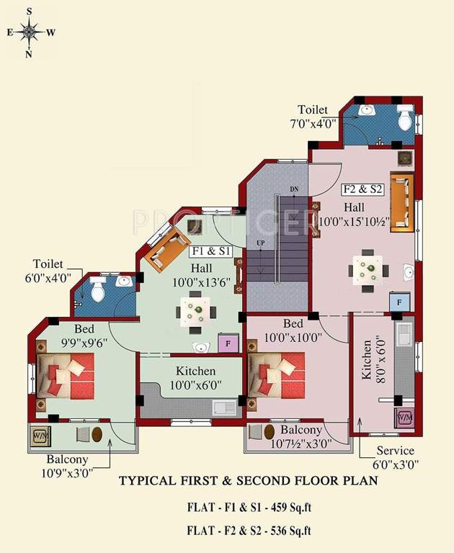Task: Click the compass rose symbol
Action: click(30, 32)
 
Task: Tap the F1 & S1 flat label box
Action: click(211, 252)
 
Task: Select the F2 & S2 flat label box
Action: click(362, 190)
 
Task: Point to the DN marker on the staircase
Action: click(293, 189)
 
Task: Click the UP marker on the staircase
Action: click(260, 243)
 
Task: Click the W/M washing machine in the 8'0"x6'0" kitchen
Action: click(404, 418)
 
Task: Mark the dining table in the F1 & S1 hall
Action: click(195, 313)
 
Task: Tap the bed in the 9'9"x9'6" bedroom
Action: click(66, 374)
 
